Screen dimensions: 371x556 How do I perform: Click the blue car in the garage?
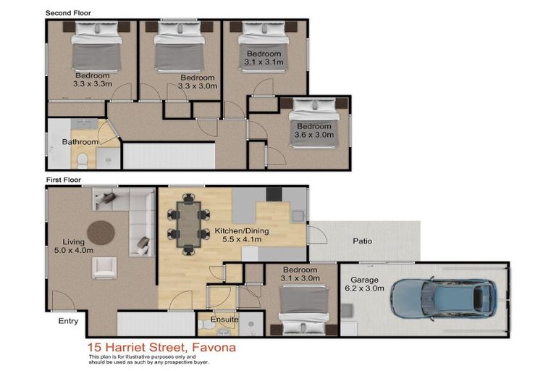pos(443,298)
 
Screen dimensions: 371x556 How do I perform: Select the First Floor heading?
pos(64,180)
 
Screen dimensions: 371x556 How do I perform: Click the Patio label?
pos(363,241)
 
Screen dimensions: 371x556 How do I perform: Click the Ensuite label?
pos(225,318)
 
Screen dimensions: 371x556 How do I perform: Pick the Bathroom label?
pos(80,142)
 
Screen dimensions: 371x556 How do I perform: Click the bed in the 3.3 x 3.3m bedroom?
pos(96,49)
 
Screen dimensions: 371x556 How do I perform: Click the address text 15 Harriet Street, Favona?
pos(161,347)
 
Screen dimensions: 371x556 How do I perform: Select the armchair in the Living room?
pos(103,268)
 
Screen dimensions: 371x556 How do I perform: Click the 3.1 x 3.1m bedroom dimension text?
pos(263,63)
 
